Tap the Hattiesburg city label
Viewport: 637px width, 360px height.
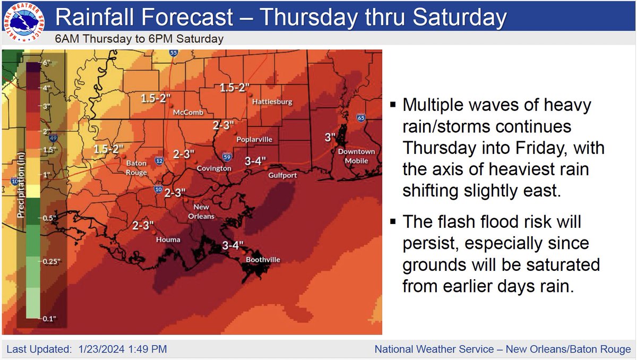272,102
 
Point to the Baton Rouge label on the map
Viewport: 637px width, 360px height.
136,168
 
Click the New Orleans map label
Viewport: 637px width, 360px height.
201,211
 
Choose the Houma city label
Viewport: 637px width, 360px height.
168,240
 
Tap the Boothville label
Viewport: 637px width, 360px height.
263,260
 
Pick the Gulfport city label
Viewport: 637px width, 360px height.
282,175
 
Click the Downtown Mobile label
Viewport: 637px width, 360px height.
356,156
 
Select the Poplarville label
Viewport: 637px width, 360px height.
254,139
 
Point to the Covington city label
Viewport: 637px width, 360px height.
214,168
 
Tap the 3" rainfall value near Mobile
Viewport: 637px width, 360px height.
330,137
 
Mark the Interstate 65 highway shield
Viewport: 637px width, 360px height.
361,118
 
